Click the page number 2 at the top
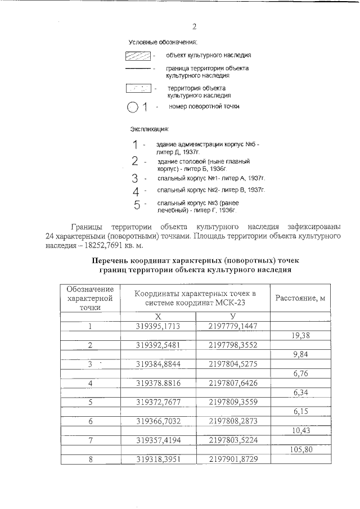(x=194, y=26)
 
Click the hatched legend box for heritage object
(x=138, y=56)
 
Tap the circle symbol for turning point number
(x=132, y=107)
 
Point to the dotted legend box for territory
(x=138, y=88)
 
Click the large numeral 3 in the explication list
(x=135, y=178)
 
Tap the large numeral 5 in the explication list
(x=137, y=205)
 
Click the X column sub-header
(x=158, y=316)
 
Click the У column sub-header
(x=232, y=316)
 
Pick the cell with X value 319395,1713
(x=158, y=326)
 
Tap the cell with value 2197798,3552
(x=232, y=345)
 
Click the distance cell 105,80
(x=300, y=450)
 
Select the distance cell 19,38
(x=300, y=335)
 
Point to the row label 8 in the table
(x=90, y=460)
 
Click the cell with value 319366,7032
(x=158, y=421)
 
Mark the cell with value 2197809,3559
(x=232, y=402)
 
